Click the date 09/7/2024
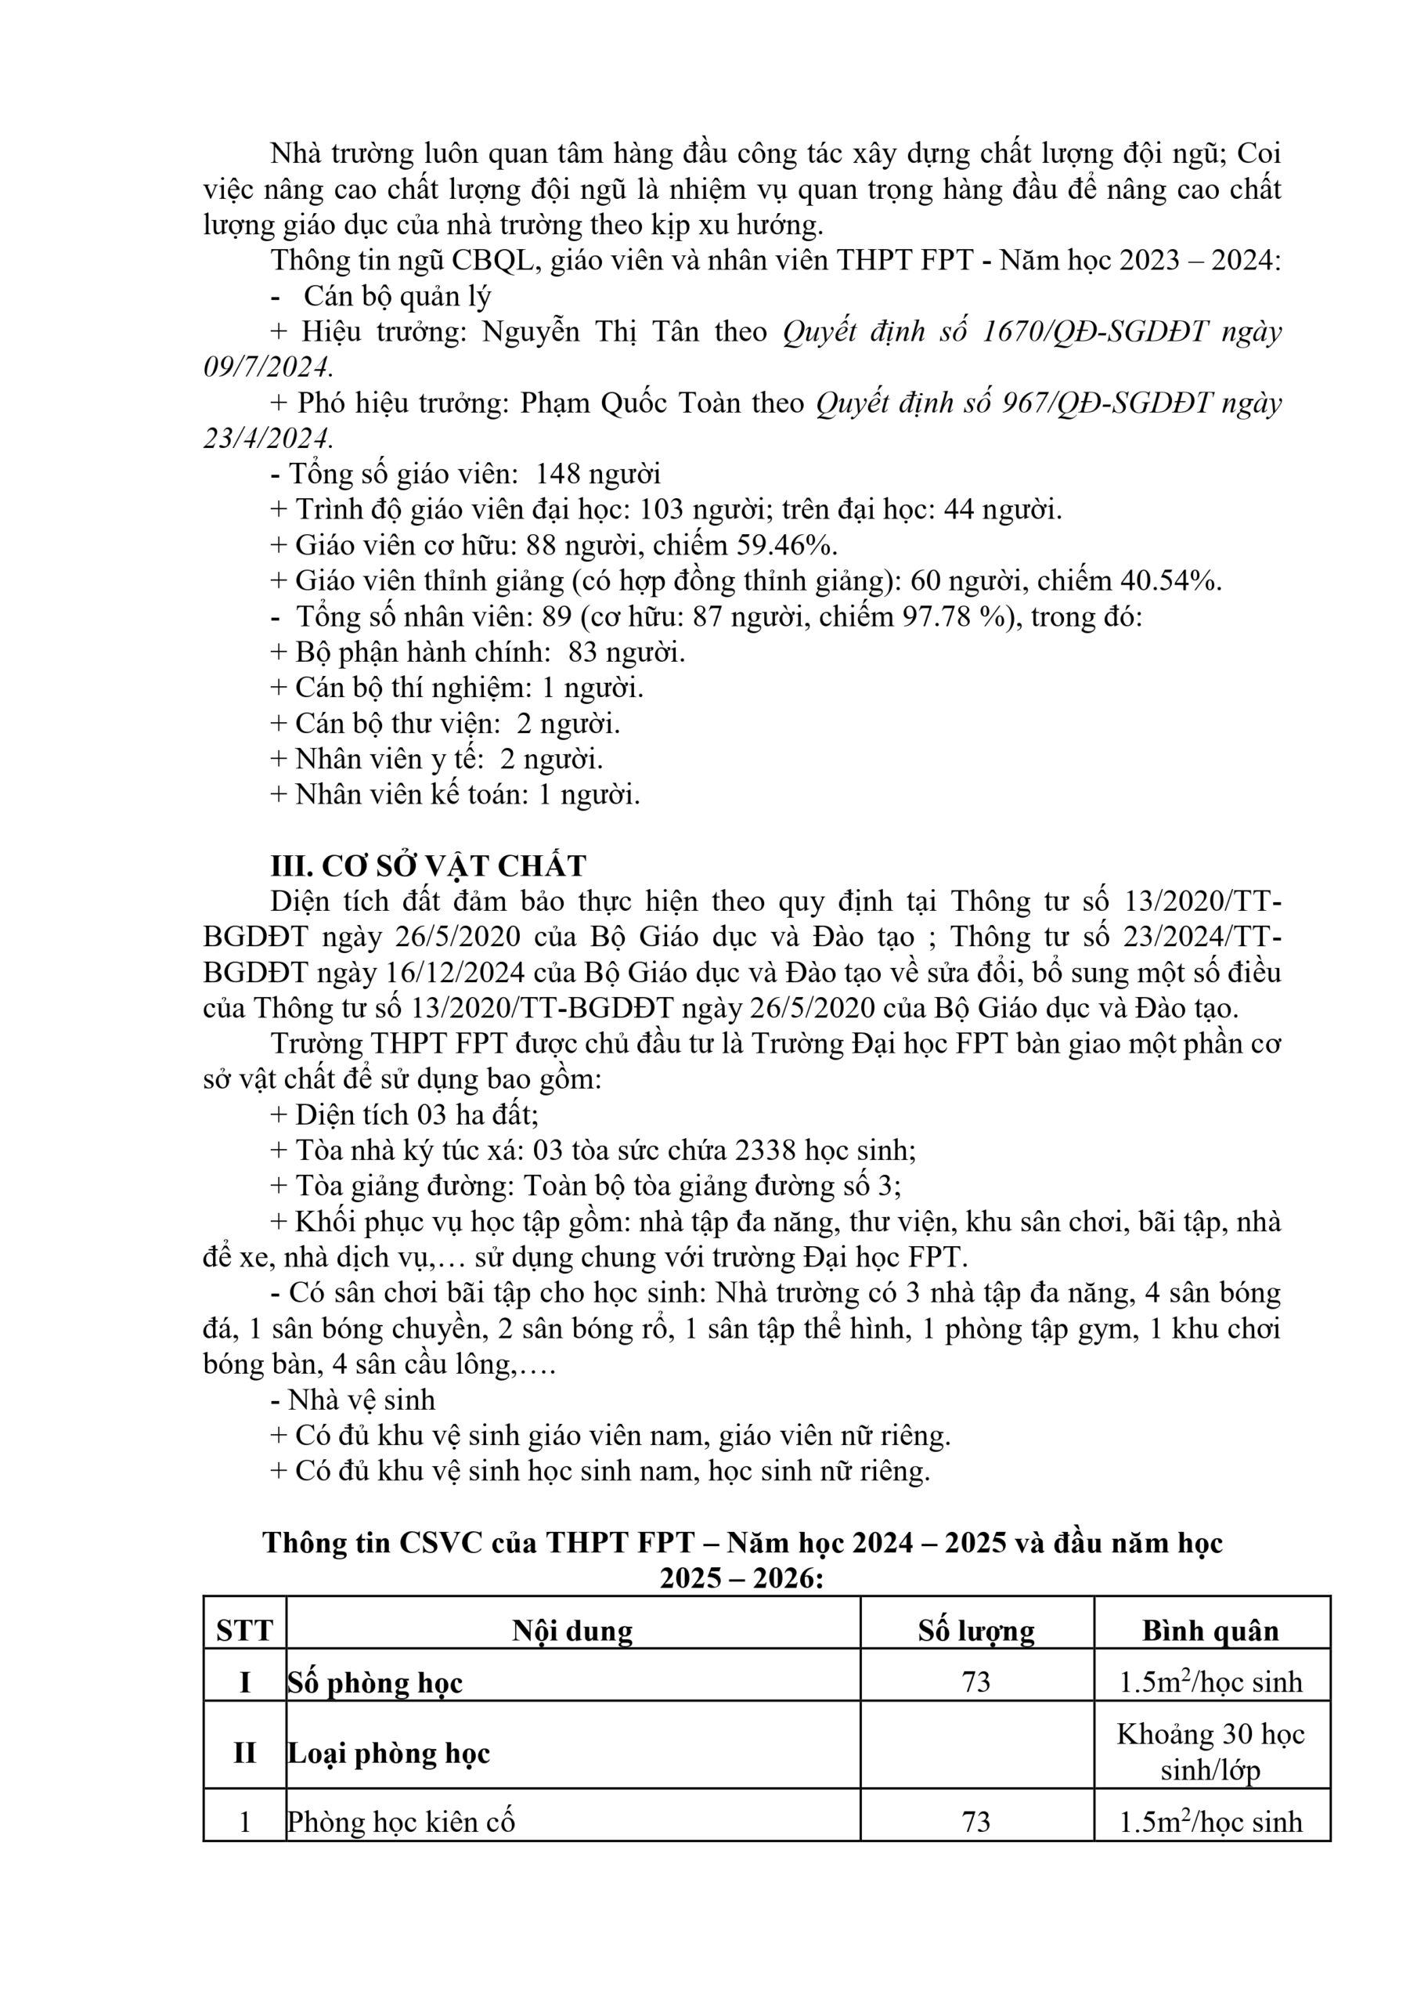[x=267, y=367]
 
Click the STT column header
[x=244, y=1631]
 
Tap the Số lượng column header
[x=976, y=1631]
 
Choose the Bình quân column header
[x=1210, y=1631]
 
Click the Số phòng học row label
[x=376, y=1683]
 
